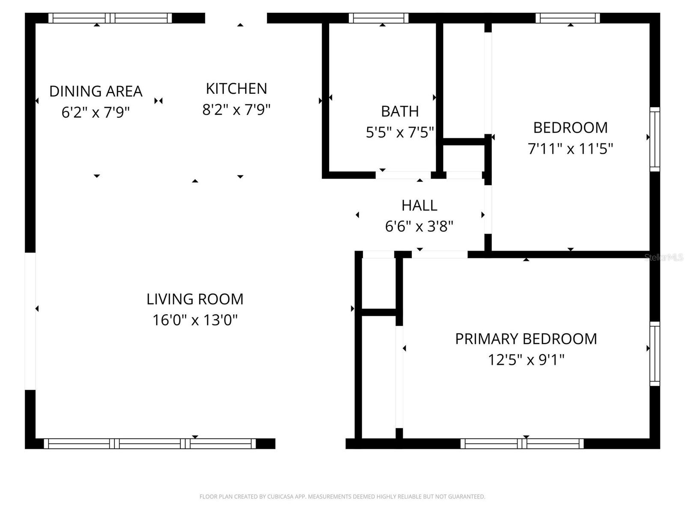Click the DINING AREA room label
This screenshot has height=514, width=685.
tap(95, 91)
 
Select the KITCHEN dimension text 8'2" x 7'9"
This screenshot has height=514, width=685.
tap(236, 110)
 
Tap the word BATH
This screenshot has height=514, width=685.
tap(400, 111)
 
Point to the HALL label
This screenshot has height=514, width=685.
tap(419, 206)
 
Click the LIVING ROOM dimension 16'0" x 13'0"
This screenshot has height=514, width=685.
tap(195, 320)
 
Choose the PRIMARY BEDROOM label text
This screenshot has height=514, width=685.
tap(526, 339)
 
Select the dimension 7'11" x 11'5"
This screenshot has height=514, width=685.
tap(570, 149)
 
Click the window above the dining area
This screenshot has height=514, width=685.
tap(110, 18)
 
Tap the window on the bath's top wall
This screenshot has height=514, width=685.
tap(378, 18)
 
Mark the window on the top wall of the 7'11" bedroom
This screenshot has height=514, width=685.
tap(568, 18)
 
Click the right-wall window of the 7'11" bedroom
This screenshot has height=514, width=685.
tap(655, 139)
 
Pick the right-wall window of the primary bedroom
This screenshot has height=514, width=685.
tap(655, 353)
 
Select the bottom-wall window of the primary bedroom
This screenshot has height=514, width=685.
tap(522, 444)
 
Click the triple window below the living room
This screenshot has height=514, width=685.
tap(150, 444)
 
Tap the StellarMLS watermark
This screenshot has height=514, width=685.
tap(664, 257)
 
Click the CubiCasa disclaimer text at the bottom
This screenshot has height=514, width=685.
tap(342, 497)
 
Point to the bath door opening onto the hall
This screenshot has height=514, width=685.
tap(403, 175)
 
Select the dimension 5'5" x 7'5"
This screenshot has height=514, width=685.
tap(400, 132)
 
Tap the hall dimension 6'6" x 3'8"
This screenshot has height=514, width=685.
tap(419, 226)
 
